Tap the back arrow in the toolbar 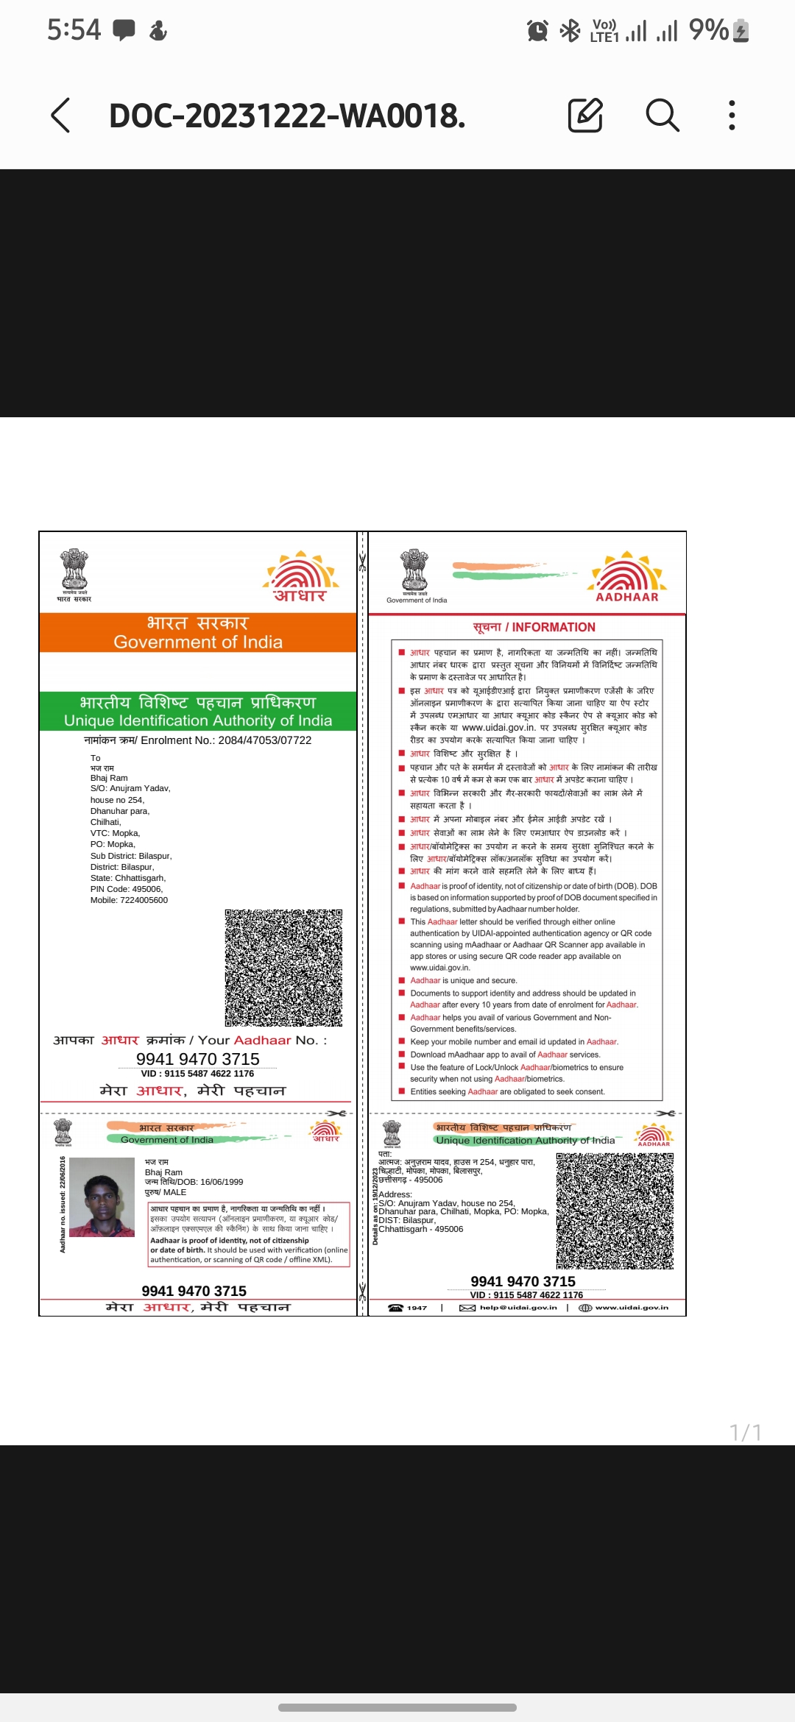coord(61,116)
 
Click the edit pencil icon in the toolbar coord(585,115)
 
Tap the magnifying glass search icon coord(662,115)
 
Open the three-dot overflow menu coord(731,116)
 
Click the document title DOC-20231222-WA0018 coord(287,116)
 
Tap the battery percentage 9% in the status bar coord(708,30)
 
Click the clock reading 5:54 coord(74,30)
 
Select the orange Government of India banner coord(198,633)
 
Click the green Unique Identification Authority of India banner coord(198,711)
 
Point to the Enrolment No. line coord(198,740)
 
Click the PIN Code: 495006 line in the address coord(127,889)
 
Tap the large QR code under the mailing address coord(283,967)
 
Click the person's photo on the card coord(102,1197)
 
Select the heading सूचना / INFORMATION coord(534,627)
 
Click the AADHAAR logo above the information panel coord(626,577)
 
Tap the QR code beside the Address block coord(615,1211)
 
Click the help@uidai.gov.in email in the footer coord(517,1308)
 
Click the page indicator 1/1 coord(745,1432)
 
